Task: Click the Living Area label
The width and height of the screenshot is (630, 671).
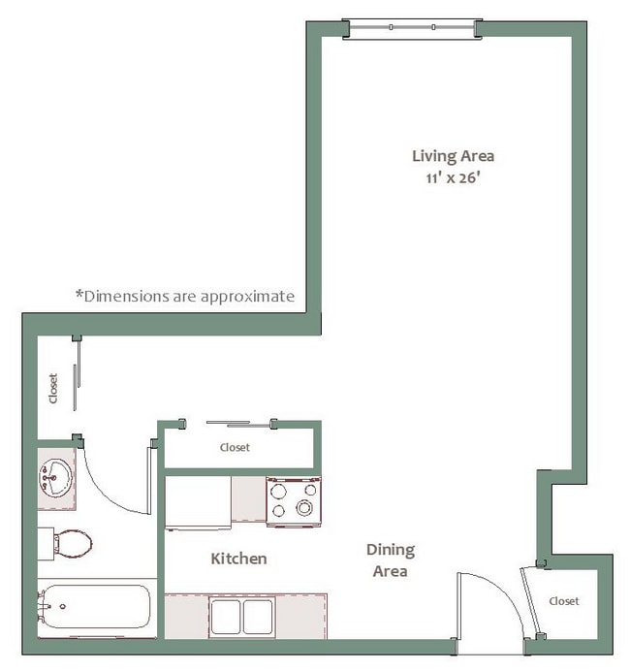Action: click(x=453, y=156)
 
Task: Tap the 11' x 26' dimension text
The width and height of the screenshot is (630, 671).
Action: click(x=453, y=177)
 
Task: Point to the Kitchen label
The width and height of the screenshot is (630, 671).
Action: click(x=238, y=559)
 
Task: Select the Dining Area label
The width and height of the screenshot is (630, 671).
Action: click(x=390, y=560)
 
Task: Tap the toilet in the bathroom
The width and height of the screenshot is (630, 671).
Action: click(x=66, y=544)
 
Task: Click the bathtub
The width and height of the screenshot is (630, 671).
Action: click(x=95, y=607)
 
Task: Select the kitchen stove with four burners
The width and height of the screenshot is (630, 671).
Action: click(x=294, y=501)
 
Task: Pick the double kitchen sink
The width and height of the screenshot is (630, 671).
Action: click(x=242, y=617)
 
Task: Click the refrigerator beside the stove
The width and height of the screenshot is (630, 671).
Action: click(x=198, y=503)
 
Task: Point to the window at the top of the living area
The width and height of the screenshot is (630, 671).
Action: click(x=412, y=29)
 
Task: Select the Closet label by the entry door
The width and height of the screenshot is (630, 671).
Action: click(x=564, y=601)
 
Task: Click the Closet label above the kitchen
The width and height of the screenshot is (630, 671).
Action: click(x=235, y=448)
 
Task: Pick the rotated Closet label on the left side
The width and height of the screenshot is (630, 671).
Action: click(x=53, y=388)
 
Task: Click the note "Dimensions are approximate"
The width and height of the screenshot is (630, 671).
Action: click(x=185, y=296)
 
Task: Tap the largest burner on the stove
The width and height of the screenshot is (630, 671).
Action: click(x=304, y=508)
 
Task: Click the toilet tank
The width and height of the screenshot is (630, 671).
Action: click(x=46, y=544)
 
